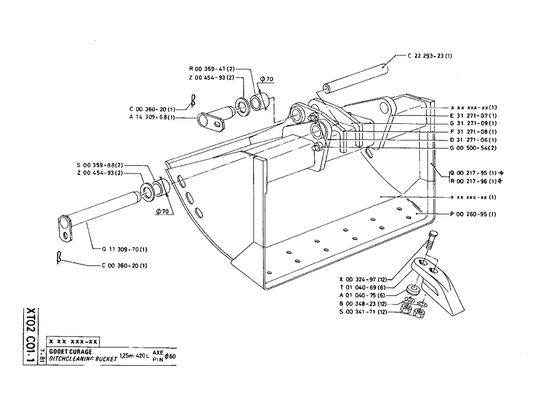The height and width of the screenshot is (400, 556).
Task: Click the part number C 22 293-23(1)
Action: click(430, 56)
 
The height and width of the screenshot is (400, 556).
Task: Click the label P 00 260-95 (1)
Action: click(473, 214)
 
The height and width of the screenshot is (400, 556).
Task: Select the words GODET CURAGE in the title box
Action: click(70, 352)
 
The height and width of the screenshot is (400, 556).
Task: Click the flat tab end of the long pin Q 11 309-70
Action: click(66, 228)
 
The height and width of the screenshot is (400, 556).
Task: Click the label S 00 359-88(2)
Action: click(100, 165)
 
